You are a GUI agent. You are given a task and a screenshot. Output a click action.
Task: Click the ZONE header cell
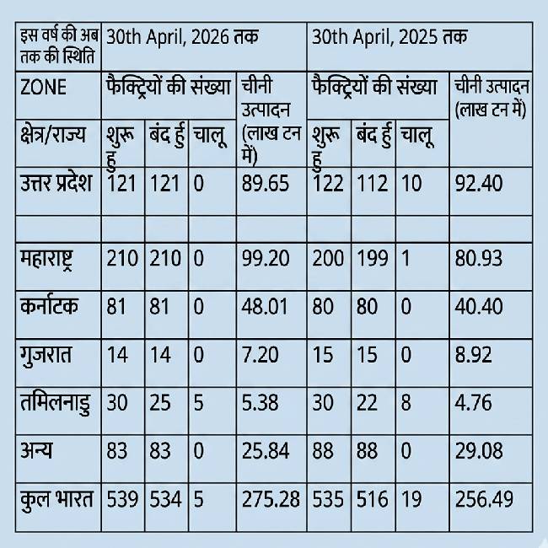pyautogui.click(x=43, y=87)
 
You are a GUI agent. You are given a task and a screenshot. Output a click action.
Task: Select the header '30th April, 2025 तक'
pyautogui.click(x=390, y=39)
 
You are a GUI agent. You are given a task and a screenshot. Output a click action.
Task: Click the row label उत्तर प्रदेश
pyautogui.click(x=57, y=183)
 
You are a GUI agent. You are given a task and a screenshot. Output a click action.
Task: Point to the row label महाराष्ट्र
pyautogui.click(x=53, y=257)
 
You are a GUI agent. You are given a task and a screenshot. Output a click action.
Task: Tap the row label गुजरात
pyautogui.click(x=47, y=354)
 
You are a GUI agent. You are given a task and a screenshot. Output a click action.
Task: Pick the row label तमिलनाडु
pyautogui.click(x=56, y=403)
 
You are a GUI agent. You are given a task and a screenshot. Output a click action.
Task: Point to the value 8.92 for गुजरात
pyautogui.click(x=473, y=354)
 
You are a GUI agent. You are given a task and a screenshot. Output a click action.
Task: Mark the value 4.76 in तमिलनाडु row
pyautogui.click(x=473, y=403)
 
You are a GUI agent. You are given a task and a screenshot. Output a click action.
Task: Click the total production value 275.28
pyautogui.click(x=270, y=499)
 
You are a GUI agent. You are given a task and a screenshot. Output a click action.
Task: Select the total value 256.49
pyautogui.click(x=483, y=499)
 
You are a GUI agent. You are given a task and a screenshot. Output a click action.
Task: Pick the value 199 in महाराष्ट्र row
pyautogui.click(x=372, y=257)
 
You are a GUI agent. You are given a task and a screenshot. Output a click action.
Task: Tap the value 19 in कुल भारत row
pyautogui.click(x=411, y=499)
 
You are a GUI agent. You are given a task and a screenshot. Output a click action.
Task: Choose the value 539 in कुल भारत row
pyautogui.click(x=123, y=499)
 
